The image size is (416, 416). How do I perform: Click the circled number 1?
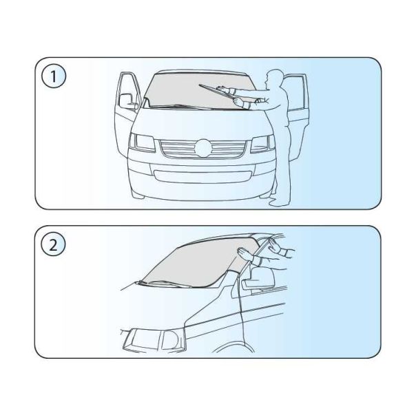pyautogui.click(x=53, y=76)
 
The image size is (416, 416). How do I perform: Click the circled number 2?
pyautogui.click(x=53, y=245)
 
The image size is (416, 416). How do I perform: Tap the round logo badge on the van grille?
pyautogui.click(x=203, y=148)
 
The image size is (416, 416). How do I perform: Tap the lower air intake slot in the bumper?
pyautogui.click(x=202, y=177)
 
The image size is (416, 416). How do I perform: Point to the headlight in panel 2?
pyautogui.click(x=154, y=340)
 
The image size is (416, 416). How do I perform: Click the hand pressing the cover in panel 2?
pyautogui.click(x=246, y=253)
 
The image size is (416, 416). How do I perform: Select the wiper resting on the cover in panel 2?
pyautogui.click(x=164, y=284)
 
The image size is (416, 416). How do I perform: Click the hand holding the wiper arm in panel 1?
pyautogui.click(x=238, y=101)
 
